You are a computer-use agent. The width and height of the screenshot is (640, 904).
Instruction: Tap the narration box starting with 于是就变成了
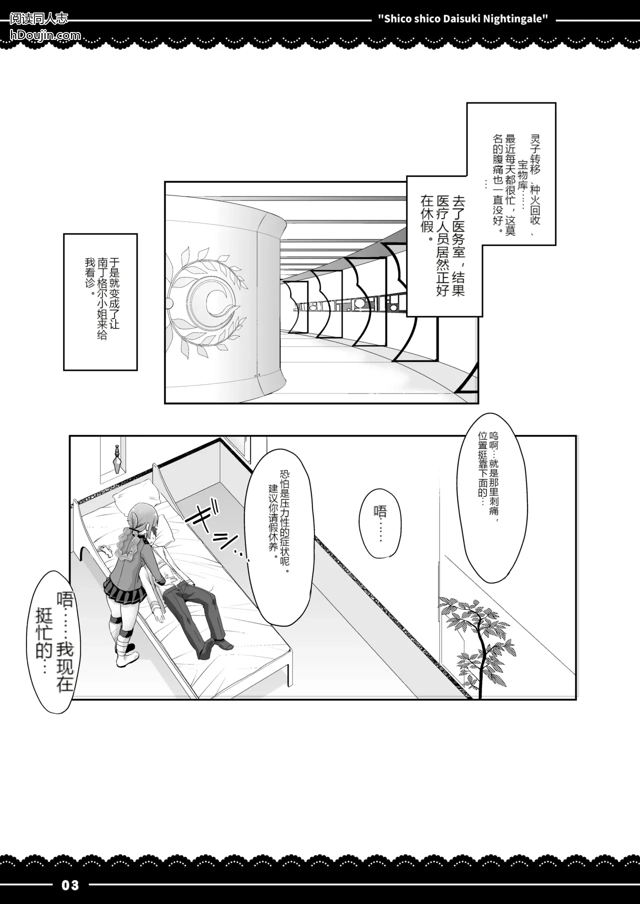point(100,301)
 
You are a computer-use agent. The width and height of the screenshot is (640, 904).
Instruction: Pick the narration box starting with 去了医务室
point(444,245)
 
